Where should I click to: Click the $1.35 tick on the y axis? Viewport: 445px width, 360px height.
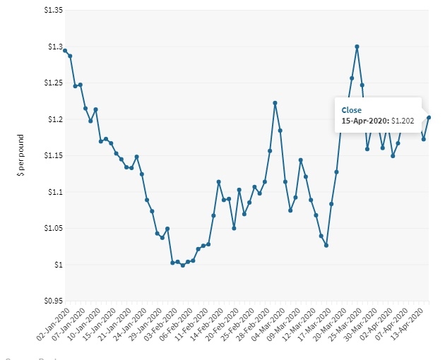click(52, 11)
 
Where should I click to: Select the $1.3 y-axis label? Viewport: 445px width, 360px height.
click(54, 47)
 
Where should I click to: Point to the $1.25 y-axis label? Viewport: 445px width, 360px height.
click(52, 83)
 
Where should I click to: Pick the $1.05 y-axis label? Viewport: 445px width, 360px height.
click(52, 228)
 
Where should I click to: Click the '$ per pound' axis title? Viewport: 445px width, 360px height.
click(21, 155)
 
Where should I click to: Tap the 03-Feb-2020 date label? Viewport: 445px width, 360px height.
click(158, 324)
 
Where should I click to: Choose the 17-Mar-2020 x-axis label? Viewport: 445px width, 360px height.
click(312, 324)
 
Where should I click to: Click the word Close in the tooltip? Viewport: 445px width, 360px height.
click(351, 110)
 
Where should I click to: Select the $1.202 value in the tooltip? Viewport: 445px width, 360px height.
click(404, 121)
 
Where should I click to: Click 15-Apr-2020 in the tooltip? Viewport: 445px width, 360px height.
click(364, 121)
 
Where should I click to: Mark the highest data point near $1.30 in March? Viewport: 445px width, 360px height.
click(357, 47)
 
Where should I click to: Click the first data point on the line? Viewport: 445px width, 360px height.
click(65, 51)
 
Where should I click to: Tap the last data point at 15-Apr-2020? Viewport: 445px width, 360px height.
click(429, 117)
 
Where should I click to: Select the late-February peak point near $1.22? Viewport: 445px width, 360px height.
click(275, 103)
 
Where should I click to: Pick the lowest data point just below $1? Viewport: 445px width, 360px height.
click(183, 265)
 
